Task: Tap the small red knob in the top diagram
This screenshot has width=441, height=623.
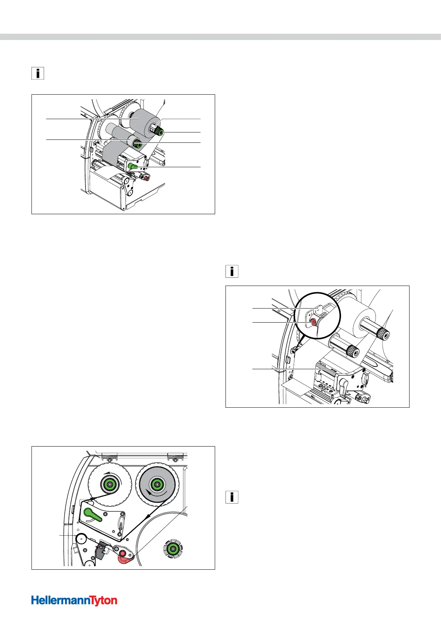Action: (146, 178)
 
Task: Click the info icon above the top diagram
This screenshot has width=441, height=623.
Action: (37, 73)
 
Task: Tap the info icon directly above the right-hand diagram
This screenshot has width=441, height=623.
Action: (232, 272)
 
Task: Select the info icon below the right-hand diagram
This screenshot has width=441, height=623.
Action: (232, 497)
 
